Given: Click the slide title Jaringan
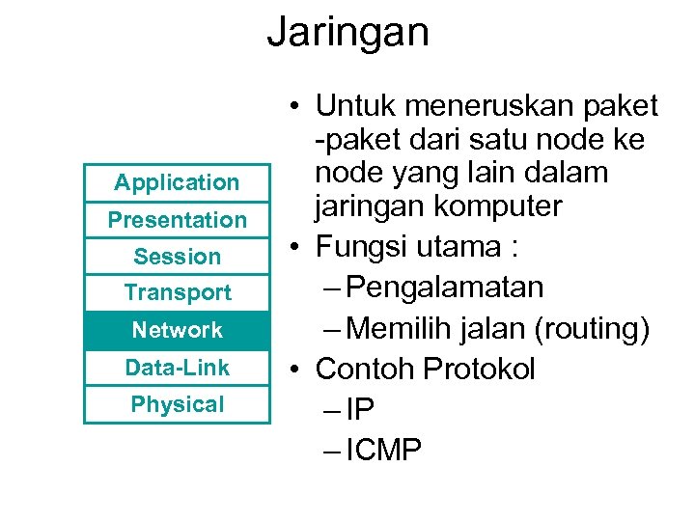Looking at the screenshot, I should point(347,31).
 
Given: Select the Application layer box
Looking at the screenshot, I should point(177,182).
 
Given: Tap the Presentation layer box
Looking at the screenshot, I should point(177,220).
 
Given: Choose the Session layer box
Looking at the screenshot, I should point(177,257).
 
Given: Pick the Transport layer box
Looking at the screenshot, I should point(177,292).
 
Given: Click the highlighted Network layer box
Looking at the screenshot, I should point(177,330).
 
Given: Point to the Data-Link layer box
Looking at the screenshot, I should point(177,368).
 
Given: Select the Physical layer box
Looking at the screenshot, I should point(177,404).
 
